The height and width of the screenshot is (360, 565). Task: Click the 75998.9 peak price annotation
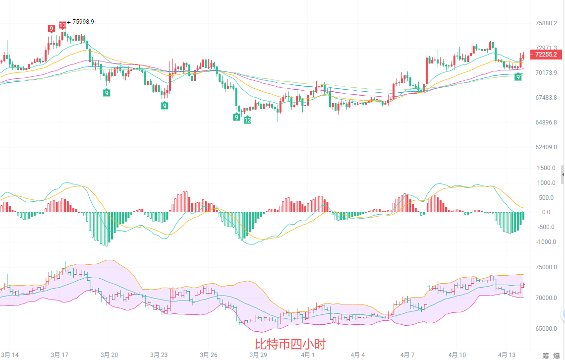pyautogui.click(x=83, y=22)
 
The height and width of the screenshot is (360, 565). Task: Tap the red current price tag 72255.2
pyautogui.click(x=545, y=55)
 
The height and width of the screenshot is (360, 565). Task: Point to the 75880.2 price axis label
pyautogui.click(x=546, y=23)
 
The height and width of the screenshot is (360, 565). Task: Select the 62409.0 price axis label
pyautogui.click(x=546, y=147)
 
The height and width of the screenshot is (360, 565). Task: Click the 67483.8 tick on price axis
pyautogui.click(x=546, y=98)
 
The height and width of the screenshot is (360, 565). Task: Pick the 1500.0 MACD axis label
pyautogui.click(x=546, y=168)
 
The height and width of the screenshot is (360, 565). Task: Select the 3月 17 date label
pyautogui.click(x=59, y=355)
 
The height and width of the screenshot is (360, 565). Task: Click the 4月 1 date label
pyautogui.click(x=308, y=355)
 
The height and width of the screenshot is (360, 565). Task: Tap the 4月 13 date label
pyautogui.click(x=506, y=355)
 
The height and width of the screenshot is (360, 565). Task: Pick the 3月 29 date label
pyautogui.click(x=258, y=355)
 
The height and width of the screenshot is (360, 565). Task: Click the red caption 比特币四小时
pyautogui.click(x=290, y=344)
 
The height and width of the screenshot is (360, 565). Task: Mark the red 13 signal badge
pyautogui.click(x=62, y=25)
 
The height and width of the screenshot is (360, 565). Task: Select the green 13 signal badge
pyautogui.click(x=247, y=120)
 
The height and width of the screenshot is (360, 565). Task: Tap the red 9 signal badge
pyautogui.click(x=52, y=29)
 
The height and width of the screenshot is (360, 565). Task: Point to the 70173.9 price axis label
pyautogui.click(x=546, y=73)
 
